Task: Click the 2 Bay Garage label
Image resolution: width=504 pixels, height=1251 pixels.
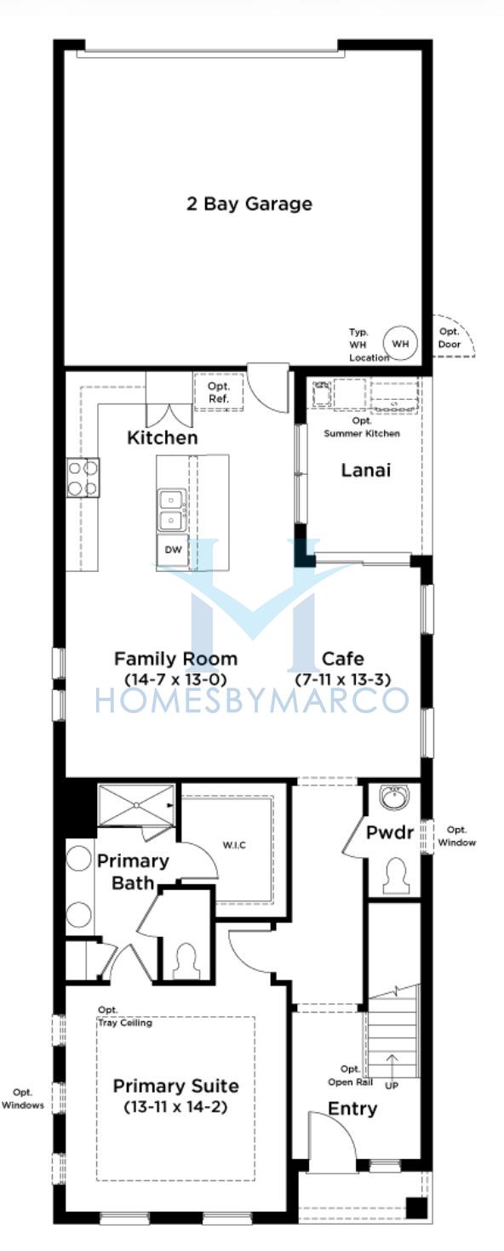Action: [249, 204]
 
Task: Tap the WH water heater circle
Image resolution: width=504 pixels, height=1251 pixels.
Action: [400, 344]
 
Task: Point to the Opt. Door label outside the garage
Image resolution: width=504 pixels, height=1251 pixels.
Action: [450, 338]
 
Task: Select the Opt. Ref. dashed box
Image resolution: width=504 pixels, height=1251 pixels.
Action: [219, 392]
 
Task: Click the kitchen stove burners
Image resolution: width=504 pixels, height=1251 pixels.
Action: [83, 477]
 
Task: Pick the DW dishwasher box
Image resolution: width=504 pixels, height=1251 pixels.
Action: [173, 550]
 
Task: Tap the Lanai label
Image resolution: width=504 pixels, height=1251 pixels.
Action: [366, 471]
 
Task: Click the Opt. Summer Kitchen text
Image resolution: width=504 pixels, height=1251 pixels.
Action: [362, 427]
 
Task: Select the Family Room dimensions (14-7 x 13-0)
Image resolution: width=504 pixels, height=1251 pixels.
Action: [175, 680]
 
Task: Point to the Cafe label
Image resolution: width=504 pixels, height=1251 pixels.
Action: [343, 659]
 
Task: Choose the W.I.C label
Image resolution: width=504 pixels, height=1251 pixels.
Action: [234, 845]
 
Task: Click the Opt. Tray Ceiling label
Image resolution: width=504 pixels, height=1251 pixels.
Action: [124, 1016]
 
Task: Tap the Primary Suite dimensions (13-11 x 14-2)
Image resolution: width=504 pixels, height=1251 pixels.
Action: [175, 1106]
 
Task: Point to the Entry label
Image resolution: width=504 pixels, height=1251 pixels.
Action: [352, 1109]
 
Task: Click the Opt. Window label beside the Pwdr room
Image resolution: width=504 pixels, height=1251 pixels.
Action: [456, 836]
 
